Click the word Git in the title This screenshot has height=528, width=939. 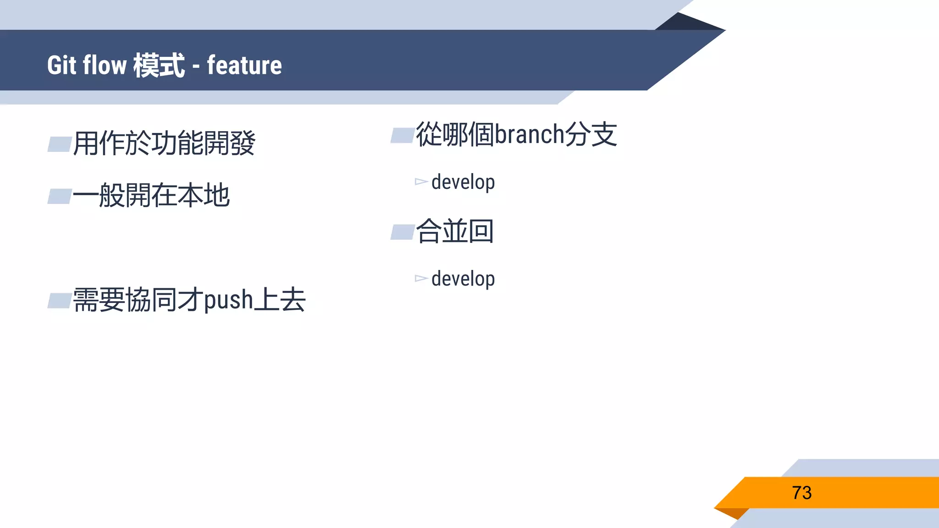(61, 65)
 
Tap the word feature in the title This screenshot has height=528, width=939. (244, 65)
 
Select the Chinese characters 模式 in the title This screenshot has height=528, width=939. (159, 65)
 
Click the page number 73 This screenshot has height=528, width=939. (801, 493)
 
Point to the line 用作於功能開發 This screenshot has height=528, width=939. (164, 143)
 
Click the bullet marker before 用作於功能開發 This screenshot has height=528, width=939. (60, 144)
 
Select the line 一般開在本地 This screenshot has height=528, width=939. (151, 195)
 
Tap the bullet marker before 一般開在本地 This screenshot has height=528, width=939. (60, 196)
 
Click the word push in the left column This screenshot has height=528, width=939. (228, 301)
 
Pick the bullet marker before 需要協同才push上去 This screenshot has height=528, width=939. (60, 301)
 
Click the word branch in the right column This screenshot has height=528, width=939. (529, 135)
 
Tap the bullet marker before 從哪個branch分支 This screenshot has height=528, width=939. (403, 136)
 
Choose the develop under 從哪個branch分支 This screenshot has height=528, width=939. (463, 182)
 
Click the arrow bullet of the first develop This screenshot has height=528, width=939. (421, 182)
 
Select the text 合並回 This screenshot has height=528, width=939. (454, 231)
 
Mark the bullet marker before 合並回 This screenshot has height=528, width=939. (403, 232)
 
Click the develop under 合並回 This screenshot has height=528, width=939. (463, 279)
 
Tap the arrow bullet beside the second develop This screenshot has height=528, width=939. (421, 278)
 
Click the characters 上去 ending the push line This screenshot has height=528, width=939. (280, 300)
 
